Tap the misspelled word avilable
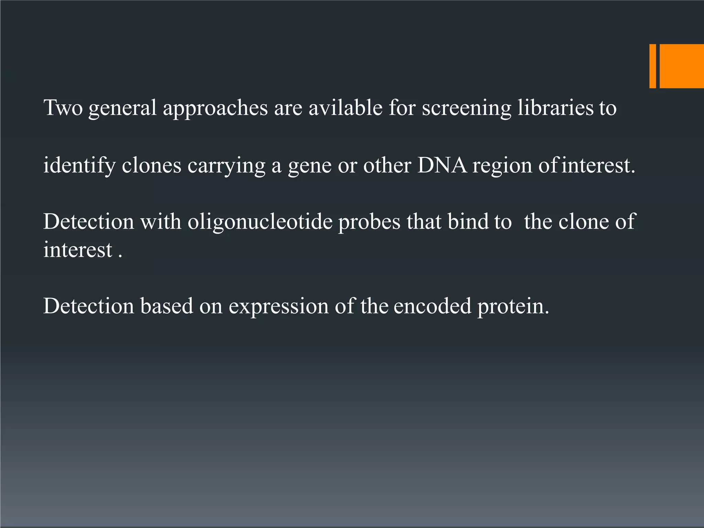pyautogui.click(x=345, y=108)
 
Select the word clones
pyautogui.click(x=151, y=165)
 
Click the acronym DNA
pyautogui.click(x=442, y=165)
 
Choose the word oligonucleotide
pyautogui.click(x=260, y=221)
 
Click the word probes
pyautogui.click(x=369, y=222)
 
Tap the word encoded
pyautogui.click(x=432, y=306)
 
